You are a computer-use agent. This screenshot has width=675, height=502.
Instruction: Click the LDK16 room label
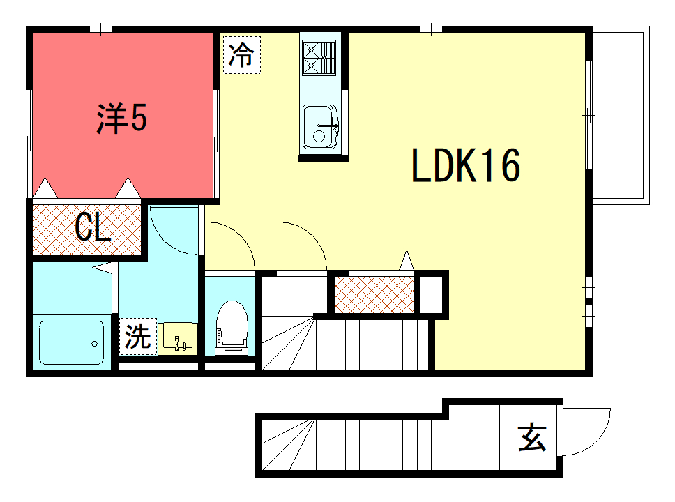[467, 165]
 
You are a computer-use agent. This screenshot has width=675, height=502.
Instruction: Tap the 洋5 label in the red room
[122, 118]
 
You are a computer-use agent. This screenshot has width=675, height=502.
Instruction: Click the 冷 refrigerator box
[242, 54]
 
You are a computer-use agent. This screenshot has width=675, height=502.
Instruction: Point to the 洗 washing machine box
[138, 336]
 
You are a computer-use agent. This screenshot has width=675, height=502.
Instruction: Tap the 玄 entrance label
[532, 437]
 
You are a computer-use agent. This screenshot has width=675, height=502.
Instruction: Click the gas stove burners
[319, 58]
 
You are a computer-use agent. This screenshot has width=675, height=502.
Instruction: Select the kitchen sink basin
[320, 127]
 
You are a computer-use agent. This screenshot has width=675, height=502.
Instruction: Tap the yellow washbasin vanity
[177, 338]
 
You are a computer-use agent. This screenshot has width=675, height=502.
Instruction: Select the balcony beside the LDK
[621, 115]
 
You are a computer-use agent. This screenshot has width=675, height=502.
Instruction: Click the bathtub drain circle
[95, 344]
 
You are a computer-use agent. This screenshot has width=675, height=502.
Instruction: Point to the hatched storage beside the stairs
[374, 294]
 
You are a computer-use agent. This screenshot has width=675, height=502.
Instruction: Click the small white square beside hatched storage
[431, 294]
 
